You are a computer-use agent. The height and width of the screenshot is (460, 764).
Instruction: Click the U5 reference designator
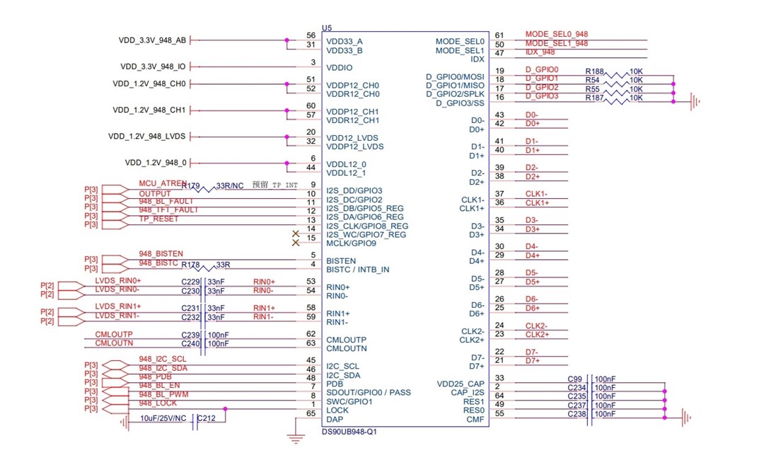coord(326,28)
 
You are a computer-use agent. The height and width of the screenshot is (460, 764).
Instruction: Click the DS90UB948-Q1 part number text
coord(349,432)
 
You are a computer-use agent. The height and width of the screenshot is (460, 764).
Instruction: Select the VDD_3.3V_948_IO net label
coord(153,67)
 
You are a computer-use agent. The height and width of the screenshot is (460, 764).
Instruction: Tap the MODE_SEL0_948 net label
coord(557,34)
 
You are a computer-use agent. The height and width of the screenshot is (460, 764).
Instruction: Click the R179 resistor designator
coord(190,185)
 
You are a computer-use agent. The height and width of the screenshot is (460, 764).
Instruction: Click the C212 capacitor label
coord(206,418)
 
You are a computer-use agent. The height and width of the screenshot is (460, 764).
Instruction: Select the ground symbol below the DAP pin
coord(295,439)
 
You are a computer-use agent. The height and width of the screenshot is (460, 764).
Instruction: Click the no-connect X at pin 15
coord(295,243)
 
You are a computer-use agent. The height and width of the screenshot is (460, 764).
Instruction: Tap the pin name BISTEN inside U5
coord(341,261)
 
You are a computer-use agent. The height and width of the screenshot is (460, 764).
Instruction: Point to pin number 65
coord(311,414)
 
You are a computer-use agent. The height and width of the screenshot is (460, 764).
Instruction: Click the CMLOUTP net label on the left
coord(113,334)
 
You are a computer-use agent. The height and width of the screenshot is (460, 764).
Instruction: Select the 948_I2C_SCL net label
coord(163,359)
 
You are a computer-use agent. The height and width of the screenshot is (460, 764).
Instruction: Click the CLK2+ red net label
coord(537,334)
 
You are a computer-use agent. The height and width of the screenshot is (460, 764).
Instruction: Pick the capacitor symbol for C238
coord(589,414)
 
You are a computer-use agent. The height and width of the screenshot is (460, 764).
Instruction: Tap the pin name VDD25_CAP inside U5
coord(461,384)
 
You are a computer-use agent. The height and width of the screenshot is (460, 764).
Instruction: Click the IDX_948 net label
coord(540,52)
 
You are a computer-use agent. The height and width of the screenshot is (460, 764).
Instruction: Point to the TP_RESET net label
coord(159,219)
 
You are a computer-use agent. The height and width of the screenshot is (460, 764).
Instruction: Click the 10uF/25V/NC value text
coord(163,418)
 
